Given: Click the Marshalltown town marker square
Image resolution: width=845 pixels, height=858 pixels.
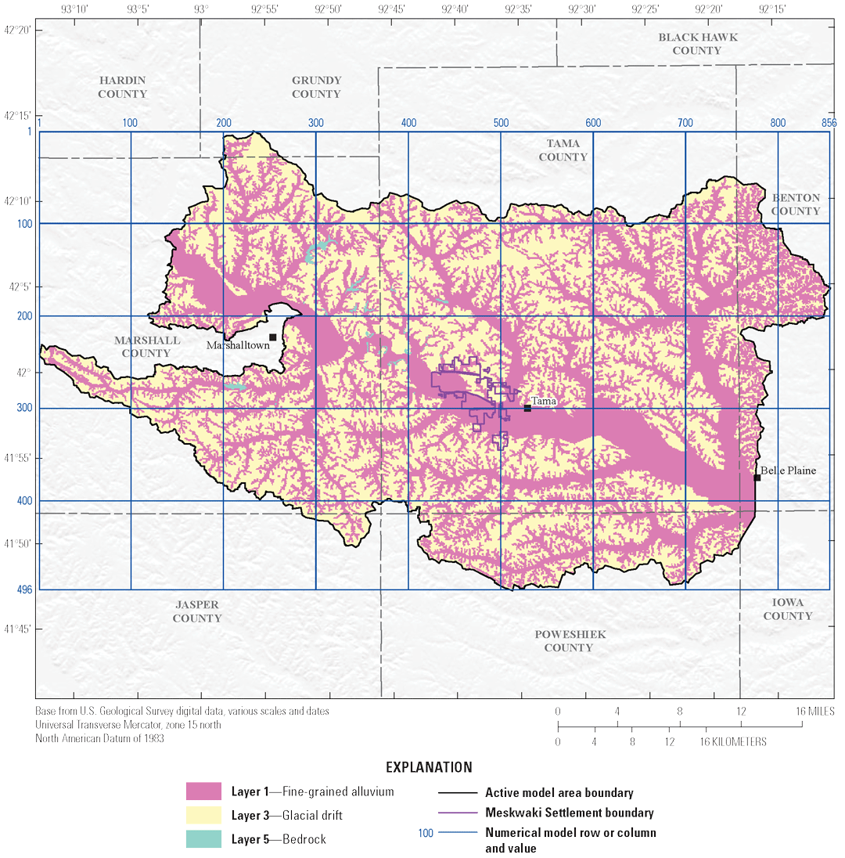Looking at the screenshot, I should pyautogui.click(x=273, y=337).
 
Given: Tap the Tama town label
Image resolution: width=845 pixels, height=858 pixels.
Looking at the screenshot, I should pyautogui.click(x=544, y=401).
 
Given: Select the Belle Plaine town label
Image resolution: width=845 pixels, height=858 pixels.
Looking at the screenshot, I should pyautogui.click(x=788, y=470).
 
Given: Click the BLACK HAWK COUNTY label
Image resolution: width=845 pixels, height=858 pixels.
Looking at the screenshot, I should pyautogui.click(x=697, y=44).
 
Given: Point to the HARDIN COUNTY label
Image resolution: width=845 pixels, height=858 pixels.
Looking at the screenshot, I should pyautogui.click(x=123, y=88).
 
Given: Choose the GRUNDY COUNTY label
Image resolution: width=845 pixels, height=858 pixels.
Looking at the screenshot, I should pyautogui.click(x=317, y=87).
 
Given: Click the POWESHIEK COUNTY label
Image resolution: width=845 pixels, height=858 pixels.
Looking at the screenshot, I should pyautogui.click(x=569, y=641).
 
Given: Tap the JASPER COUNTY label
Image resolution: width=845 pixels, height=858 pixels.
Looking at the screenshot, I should pyautogui.click(x=197, y=611).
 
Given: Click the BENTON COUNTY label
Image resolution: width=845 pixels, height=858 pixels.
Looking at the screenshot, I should pyautogui.click(x=796, y=204).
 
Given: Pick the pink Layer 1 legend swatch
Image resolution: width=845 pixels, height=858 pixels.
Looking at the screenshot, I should pyautogui.click(x=205, y=791).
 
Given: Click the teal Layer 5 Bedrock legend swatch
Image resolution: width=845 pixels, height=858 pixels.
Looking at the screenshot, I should pyautogui.click(x=205, y=839).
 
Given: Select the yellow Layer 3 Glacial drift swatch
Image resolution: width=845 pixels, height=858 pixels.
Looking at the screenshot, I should pyautogui.click(x=205, y=816).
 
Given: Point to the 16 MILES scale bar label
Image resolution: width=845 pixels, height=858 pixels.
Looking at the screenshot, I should pyautogui.click(x=814, y=712).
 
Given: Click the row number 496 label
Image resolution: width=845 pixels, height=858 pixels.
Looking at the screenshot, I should pyautogui.click(x=24, y=589).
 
